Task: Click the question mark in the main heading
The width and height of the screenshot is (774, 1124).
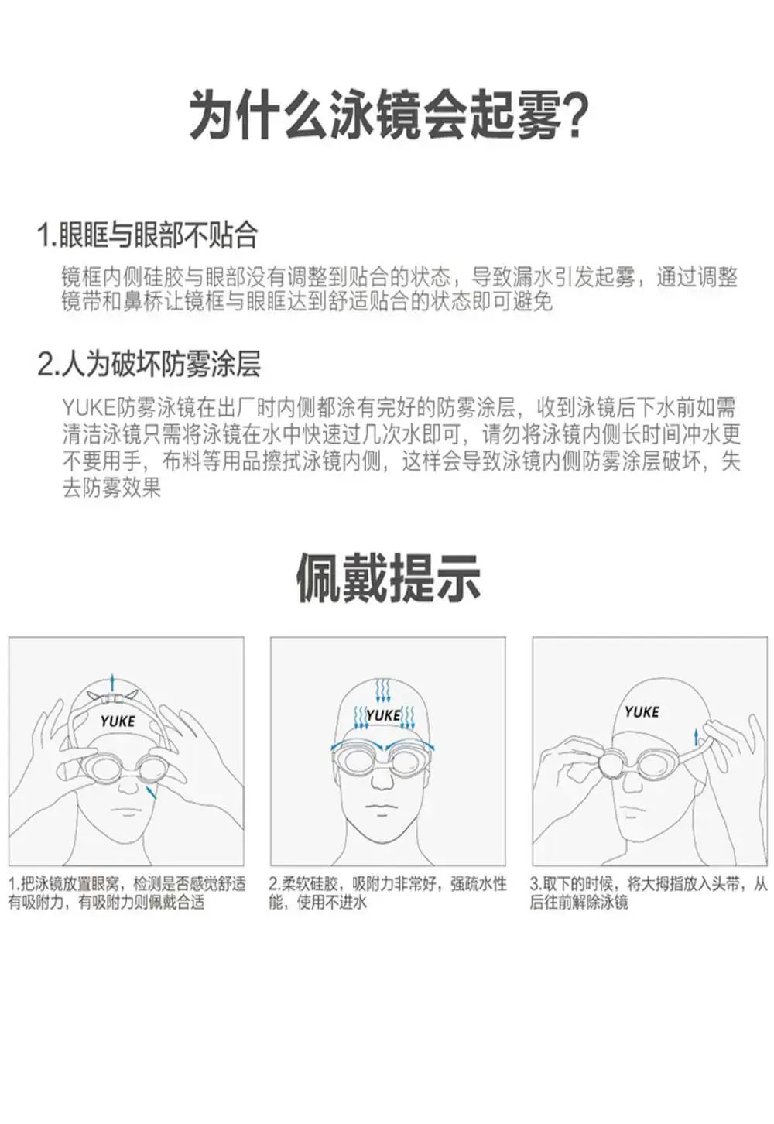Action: [570, 115]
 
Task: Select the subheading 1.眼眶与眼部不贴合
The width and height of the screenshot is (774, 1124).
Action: [148, 235]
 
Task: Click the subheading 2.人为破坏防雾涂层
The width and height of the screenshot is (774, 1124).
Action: [149, 364]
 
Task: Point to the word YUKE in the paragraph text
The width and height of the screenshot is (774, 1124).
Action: [89, 408]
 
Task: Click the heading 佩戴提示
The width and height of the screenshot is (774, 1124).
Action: [388, 577]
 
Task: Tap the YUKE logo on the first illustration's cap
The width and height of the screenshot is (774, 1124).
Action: [118, 721]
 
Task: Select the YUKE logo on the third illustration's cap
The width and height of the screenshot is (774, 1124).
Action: [642, 711]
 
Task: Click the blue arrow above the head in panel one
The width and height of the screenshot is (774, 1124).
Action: [113, 684]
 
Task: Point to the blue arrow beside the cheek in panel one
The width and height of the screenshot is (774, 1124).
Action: [150, 793]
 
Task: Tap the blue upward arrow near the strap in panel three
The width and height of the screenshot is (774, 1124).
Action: [696, 737]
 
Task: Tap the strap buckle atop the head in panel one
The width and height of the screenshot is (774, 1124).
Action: [112, 697]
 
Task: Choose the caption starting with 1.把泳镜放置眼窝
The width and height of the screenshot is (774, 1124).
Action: [127, 892]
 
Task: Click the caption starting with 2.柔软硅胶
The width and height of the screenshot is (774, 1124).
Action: [387, 892]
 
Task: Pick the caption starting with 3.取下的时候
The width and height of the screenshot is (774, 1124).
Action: [649, 892]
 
